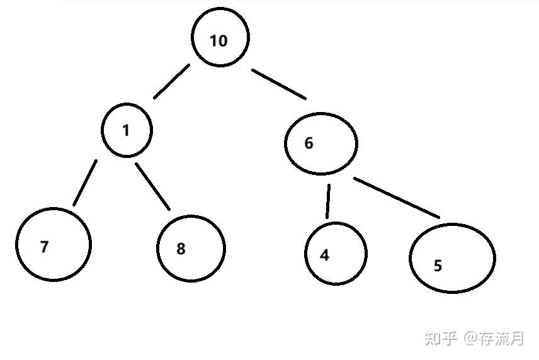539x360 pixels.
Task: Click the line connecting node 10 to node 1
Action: [171, 81]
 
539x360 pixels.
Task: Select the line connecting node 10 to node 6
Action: [279, 84]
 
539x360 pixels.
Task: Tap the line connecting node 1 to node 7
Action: [85, 183]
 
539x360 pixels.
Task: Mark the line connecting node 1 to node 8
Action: [153, 186]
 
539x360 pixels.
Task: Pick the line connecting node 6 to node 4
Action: [328, 201]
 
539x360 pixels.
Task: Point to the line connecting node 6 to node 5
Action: [397, 198]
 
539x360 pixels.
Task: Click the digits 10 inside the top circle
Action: [218, 42]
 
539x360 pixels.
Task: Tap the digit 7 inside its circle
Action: [44, 247]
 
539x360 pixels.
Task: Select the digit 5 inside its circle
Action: [438, 266]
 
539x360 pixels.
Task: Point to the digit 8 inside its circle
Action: [181, 249]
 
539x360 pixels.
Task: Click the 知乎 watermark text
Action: [441, 339]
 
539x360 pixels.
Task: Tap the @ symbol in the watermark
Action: [472, 339]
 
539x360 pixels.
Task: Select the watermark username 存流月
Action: [502, 339]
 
